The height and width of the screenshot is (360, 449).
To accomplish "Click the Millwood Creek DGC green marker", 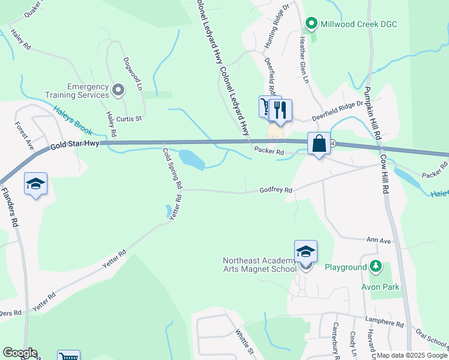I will point(311,25).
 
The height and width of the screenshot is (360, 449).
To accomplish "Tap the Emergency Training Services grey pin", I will point(118,91).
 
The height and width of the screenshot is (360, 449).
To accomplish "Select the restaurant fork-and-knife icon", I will point(280,110).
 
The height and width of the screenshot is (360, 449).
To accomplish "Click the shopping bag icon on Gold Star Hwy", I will point(319,143).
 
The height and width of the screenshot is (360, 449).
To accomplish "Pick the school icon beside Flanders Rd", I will point(35,184).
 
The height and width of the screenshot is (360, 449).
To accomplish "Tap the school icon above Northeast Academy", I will point(306,251).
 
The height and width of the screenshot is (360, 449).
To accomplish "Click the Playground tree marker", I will point(376,266).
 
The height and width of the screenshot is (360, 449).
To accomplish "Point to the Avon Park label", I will point(380,287).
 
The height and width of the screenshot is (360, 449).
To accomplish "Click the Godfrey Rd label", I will point(276,190).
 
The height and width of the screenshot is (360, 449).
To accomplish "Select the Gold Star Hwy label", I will point(75,145).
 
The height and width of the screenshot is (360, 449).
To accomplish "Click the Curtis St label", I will point(128,119).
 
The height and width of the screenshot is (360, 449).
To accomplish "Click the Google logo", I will point(20,353).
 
